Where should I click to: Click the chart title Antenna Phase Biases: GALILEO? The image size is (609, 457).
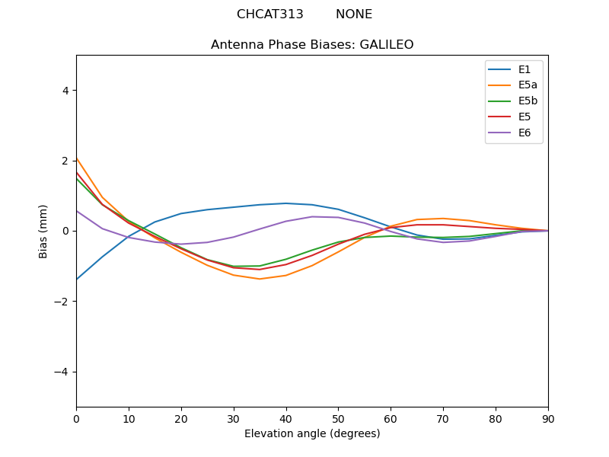tap(312, 45)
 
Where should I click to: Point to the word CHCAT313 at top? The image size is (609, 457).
tap(270, 14)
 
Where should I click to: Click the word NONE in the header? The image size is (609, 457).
tap(354, 14)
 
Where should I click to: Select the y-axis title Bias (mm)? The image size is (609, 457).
tap(43, 231)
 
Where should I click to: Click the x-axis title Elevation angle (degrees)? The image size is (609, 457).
tap(312, 434)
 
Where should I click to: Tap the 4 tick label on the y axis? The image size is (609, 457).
tap(65, 91)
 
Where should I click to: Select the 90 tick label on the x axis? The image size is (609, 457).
tap(548, 418)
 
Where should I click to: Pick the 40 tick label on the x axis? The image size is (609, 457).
tap(286, 418)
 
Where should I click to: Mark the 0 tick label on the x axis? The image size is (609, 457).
tap(76, 418)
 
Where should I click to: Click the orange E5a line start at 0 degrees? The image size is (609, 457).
tap(77, 158)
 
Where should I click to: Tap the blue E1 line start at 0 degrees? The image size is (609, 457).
tap(77, 279)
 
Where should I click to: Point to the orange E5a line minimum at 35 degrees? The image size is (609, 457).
tap(260, 279)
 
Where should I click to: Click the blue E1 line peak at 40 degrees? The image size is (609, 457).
tap(286, 203)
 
